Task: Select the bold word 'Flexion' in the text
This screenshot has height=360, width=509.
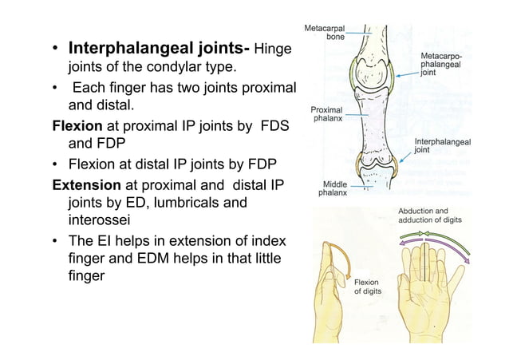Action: pyautogui.click(x=76, y=126)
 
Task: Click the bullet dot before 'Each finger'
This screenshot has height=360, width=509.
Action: pyautogui.click(x=56, y=88)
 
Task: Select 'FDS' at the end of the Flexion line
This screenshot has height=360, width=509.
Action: pyautogui.click(x=273, y=126)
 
